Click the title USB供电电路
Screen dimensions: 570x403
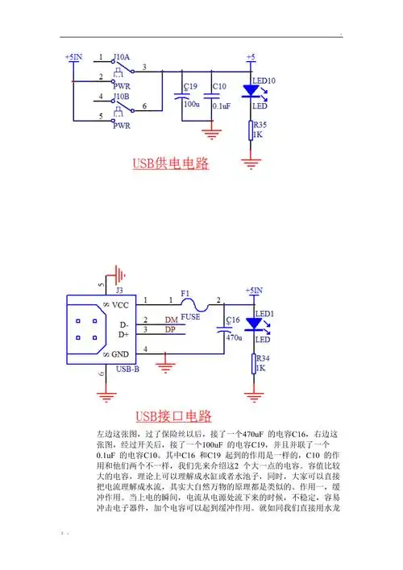[170, 163]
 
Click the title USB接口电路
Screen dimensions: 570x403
[172, 416]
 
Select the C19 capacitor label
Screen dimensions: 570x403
[190, 86]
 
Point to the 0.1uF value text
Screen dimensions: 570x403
[222, 105]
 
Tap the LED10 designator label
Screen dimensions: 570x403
[264, 81]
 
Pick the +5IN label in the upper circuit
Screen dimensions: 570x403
[73, 57]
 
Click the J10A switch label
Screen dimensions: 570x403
[123, 58]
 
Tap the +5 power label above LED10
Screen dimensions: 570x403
[251, 57]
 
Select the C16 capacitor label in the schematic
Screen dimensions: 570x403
[232, 320]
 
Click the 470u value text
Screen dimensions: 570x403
[234, 339]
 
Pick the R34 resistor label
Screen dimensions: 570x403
[261, 358]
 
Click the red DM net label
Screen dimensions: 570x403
[171, 320]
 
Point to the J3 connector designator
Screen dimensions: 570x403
[120, 290]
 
